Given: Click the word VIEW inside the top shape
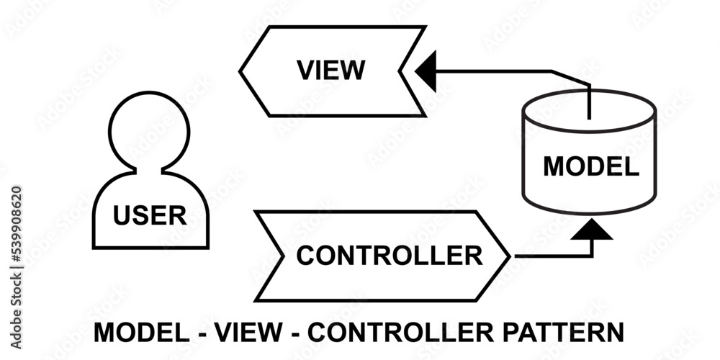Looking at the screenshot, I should click(x=331, y=71).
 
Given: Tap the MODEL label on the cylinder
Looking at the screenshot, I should click(x=590, y=166).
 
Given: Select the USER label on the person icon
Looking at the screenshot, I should click(x=150, y=215).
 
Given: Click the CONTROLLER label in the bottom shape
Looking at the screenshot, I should click(x=390, y=256).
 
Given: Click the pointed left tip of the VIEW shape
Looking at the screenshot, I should click(x=242, y=71).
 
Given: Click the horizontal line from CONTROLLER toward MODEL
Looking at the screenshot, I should click(x=551, y=255).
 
